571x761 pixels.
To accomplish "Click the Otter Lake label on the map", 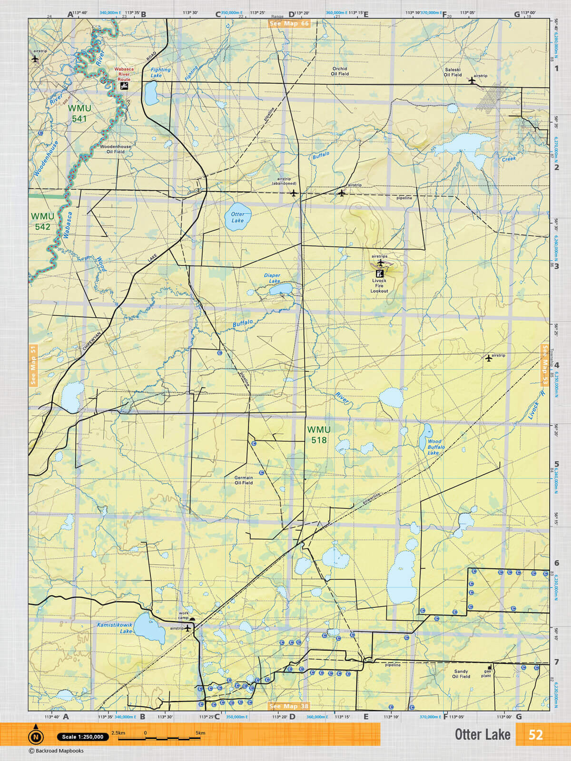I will click(237, 217).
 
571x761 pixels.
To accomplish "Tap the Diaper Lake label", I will click(272, 278).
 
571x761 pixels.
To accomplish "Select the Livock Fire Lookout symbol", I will click(379, 273).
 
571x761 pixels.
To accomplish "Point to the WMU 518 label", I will click(318, 435).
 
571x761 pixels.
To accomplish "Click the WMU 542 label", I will click(42, 222).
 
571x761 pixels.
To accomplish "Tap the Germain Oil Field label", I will click(244, 480).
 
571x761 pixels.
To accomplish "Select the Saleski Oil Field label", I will click(453, 72).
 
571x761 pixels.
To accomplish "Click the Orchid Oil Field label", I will click(340, 71).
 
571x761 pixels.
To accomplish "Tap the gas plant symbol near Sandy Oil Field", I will click(489, 668).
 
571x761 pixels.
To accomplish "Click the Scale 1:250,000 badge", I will click(83, 737).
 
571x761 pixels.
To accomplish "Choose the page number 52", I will click(535, 735).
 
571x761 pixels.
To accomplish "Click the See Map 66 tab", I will click(289, 23).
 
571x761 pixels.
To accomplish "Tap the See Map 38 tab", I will click(289, 706).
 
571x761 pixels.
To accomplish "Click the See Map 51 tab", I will click(33, 365).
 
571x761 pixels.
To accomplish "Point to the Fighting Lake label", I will click(160, 72).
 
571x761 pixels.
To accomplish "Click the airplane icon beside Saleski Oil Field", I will click(472, 80).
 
